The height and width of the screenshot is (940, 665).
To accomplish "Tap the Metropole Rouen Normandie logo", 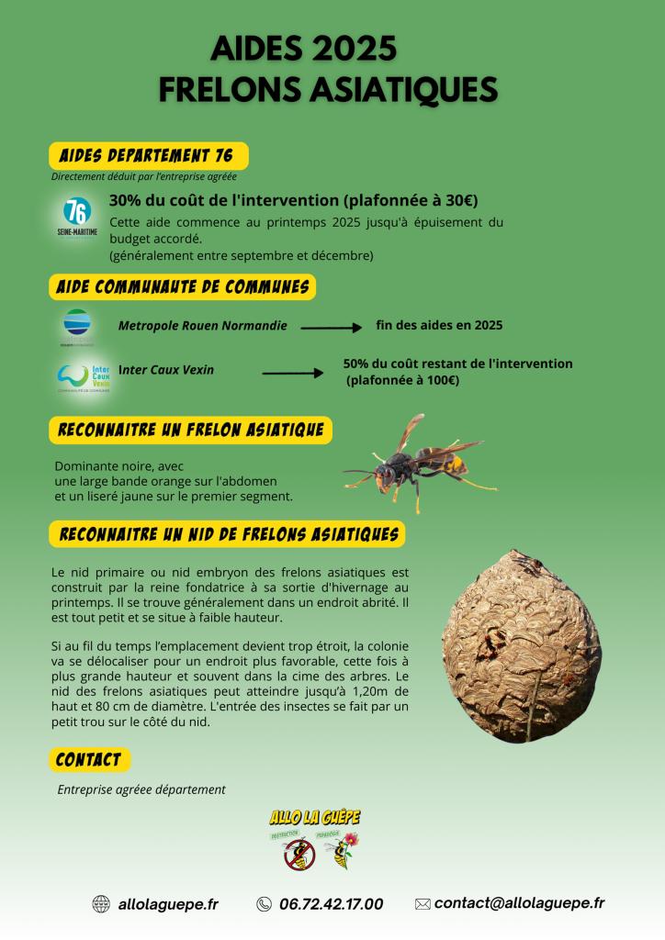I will click(77, 327).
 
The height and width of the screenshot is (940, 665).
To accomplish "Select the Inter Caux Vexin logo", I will click(84, 375).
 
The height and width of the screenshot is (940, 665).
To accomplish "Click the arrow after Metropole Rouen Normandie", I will click(332, 327).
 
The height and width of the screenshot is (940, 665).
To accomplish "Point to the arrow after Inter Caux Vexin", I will click(293, 373).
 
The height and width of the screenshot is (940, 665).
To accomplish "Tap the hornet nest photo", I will click(521, 644).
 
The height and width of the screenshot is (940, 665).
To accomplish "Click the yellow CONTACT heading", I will click(89, 760).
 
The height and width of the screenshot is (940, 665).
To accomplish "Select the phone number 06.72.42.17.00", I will click(331, 904).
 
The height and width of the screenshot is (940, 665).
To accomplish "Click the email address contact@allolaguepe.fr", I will click(519, 903).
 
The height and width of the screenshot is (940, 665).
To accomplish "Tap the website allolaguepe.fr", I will click(168, 904).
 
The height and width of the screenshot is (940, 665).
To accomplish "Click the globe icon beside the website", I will click(101, 904).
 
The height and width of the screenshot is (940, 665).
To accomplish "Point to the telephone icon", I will click(265, 904).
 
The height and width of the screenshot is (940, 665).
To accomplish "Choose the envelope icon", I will click(423, 904).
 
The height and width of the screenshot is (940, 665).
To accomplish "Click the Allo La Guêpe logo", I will click(315, 839).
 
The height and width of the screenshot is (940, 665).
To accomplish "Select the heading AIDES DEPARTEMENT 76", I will click(146, 155).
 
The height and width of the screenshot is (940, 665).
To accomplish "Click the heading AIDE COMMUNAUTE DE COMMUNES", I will click(182, 286).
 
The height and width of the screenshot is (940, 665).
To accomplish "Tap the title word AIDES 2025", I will click(303, 47).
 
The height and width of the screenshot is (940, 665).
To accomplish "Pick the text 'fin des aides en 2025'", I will click(439, 325).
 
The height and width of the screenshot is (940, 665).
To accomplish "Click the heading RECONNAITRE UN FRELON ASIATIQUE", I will click(190, 430).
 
